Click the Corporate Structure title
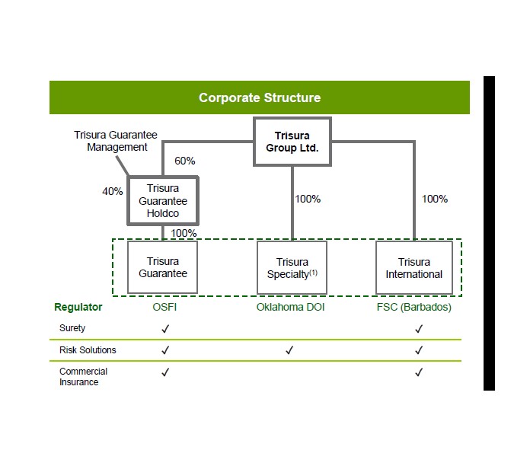[x=260, y=97]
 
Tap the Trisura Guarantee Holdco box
[x=163, y=201]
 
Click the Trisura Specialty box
[x=292, y=268]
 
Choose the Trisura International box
[x=413, y=268]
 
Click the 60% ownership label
[x=185, y=161]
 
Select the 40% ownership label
[x=113, y=191]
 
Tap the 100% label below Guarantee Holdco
[x=184, y=233]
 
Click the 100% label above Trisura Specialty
[x=308, y=199]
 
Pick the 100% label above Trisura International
[x=435, y=199]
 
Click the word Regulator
[x=78, y=308]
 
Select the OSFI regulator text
[x=165, y=308]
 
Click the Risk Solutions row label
[x=88, y=350]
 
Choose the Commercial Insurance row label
[x=83, y=377]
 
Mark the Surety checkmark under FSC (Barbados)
[x=418, y=328]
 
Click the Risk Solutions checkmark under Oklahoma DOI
[x=289, y=350]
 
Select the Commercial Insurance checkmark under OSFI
[x=165, y=372]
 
